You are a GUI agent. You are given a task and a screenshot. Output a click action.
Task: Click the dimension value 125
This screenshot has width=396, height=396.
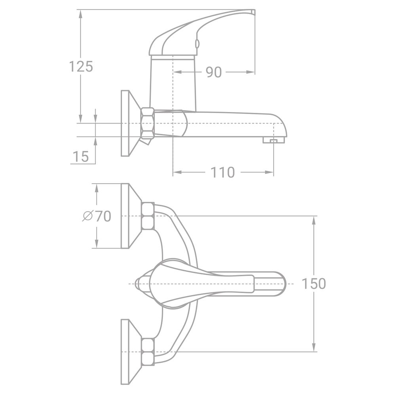81,67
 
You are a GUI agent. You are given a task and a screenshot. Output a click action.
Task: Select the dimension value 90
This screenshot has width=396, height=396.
214,72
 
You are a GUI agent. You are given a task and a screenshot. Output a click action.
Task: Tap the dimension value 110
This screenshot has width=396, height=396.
222,173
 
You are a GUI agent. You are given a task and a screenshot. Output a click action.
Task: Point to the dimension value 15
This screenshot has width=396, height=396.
81,156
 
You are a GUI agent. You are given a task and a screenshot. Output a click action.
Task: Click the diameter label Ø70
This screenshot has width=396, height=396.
97,216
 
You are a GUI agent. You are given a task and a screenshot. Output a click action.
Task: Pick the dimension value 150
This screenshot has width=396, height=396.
314,284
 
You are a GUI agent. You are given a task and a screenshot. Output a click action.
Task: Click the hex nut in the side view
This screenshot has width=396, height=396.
147,123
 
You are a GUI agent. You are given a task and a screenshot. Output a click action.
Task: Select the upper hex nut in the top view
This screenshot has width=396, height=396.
148,216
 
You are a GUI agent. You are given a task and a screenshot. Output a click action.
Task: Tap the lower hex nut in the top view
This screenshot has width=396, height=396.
148,352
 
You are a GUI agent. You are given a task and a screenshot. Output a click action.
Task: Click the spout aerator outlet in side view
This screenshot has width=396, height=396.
273,140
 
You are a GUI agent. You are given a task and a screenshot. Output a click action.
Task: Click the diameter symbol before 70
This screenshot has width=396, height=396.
88,216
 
